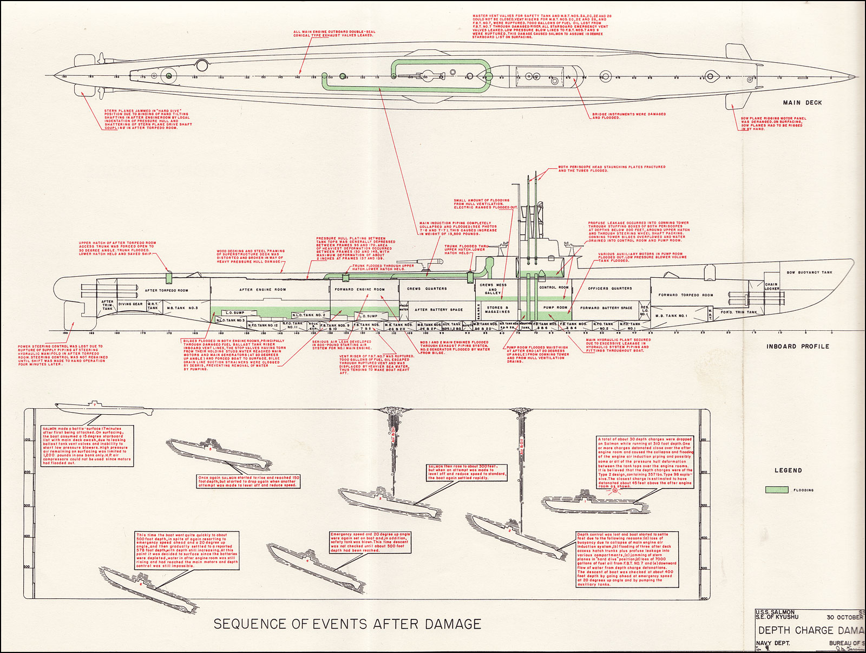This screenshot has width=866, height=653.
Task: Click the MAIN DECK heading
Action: click(x=802, y=102)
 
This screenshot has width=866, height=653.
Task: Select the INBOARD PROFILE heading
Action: click(x=797, y=346)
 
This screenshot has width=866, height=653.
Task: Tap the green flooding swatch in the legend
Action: click(x=777, y=489)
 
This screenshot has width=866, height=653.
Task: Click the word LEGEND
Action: click(x=788, y=470)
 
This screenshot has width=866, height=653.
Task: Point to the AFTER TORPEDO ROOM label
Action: click(x=166, y=290)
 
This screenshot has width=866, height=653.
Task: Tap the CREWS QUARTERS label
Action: click(x=427, y=289)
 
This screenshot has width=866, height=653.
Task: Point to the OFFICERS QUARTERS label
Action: click(x=610, y=289)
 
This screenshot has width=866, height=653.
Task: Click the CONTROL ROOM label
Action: click(x=554, y=288)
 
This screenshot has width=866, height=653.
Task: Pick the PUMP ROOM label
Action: click(x=555, y=307)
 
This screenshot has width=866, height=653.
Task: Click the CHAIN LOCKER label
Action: click(x=772, y=286)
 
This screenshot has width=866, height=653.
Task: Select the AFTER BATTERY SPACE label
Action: click(x=438, y=310)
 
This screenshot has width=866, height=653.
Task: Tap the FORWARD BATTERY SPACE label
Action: click(x=606, y=308)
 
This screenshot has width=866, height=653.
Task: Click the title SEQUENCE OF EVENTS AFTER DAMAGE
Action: click(x=347, y=624)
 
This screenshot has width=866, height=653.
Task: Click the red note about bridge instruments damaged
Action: click(x=629, y=116)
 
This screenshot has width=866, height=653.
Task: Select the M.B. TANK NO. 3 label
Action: click(x=182, y=308)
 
